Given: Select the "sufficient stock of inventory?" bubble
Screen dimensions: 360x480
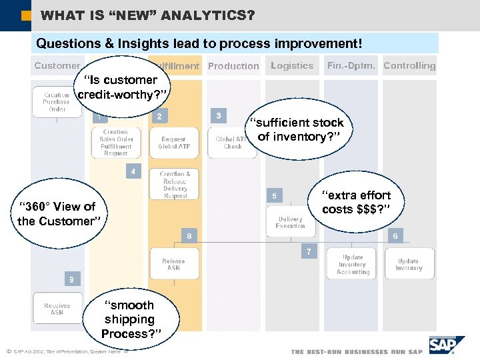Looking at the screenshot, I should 299,130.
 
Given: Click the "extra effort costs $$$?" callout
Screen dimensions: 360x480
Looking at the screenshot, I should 356,203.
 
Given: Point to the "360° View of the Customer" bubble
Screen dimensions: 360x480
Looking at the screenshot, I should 57,214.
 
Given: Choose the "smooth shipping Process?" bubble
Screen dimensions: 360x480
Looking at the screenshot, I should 129,319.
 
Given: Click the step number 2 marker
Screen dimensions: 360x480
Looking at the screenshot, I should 159,117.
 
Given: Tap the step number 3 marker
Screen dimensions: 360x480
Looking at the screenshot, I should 219,116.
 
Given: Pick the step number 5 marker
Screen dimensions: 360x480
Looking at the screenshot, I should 273,196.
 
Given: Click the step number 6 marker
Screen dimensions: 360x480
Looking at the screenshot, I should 395,236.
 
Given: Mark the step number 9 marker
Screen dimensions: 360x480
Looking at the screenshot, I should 72,279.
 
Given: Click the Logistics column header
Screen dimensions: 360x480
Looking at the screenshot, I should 292,66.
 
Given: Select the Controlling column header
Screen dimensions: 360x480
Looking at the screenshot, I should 409,66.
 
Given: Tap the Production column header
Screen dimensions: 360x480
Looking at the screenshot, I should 233,66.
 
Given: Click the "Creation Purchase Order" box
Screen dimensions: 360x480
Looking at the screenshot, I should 57,102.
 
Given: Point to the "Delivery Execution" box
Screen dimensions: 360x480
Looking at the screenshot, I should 290,222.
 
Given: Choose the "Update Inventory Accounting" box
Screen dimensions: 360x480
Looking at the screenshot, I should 353,265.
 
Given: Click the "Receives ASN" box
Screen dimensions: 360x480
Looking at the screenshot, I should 57,309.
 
